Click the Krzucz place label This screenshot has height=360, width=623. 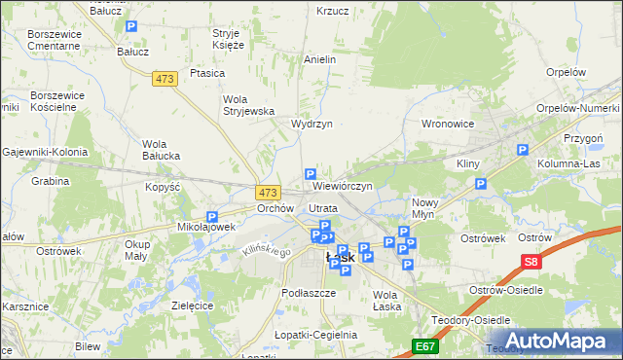332,11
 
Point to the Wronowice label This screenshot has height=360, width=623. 447,125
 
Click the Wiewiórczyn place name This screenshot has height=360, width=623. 343,185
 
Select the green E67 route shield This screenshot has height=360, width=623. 424,345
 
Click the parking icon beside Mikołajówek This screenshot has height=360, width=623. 211,218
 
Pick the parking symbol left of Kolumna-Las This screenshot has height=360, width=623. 523,150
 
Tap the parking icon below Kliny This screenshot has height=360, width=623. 479,183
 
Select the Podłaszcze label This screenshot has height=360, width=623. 308,292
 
